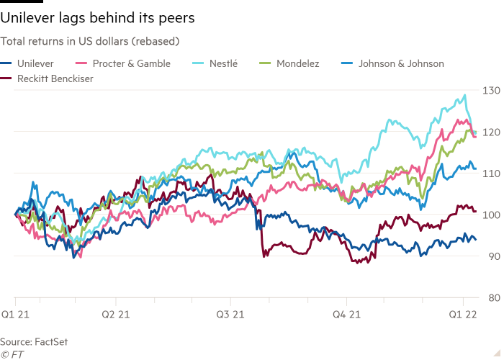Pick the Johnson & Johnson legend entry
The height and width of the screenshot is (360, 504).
click(400, 63)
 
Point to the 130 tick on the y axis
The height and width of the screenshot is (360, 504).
click(491, 90)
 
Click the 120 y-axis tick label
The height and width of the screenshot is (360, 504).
click(491, 132)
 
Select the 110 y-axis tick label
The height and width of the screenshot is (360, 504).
click(491, 173)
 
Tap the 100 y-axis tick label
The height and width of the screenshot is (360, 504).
click(491, 215)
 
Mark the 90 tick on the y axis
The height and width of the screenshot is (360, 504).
click(492, 256)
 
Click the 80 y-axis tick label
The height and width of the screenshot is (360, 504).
click(492, 297)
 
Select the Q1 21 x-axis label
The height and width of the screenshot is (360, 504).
click(14, 314)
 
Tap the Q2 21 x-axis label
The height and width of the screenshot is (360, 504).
click(115, 314)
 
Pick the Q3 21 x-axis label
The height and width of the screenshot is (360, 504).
click(230, 314)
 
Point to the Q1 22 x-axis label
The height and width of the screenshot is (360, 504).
click(462, 314)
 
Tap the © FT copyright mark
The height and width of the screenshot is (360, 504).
click(13, 354)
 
